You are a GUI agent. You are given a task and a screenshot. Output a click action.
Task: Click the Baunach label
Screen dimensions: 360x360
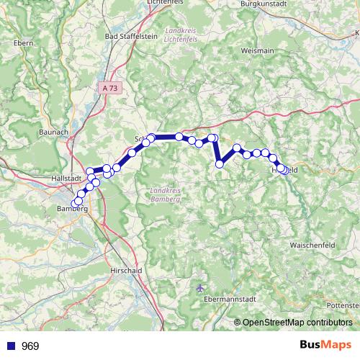53,132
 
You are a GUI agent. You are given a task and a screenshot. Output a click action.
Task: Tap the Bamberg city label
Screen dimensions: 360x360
71,209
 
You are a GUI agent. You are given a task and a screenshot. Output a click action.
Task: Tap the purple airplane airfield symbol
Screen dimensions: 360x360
200,288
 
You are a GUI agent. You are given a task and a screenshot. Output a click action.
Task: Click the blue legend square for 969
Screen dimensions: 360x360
9,346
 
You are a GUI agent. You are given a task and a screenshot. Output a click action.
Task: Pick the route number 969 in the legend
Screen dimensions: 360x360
30,346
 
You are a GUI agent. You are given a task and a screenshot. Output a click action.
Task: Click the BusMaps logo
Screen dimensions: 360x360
325,346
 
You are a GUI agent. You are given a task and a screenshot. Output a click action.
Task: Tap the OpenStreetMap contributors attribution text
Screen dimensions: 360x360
297,323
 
